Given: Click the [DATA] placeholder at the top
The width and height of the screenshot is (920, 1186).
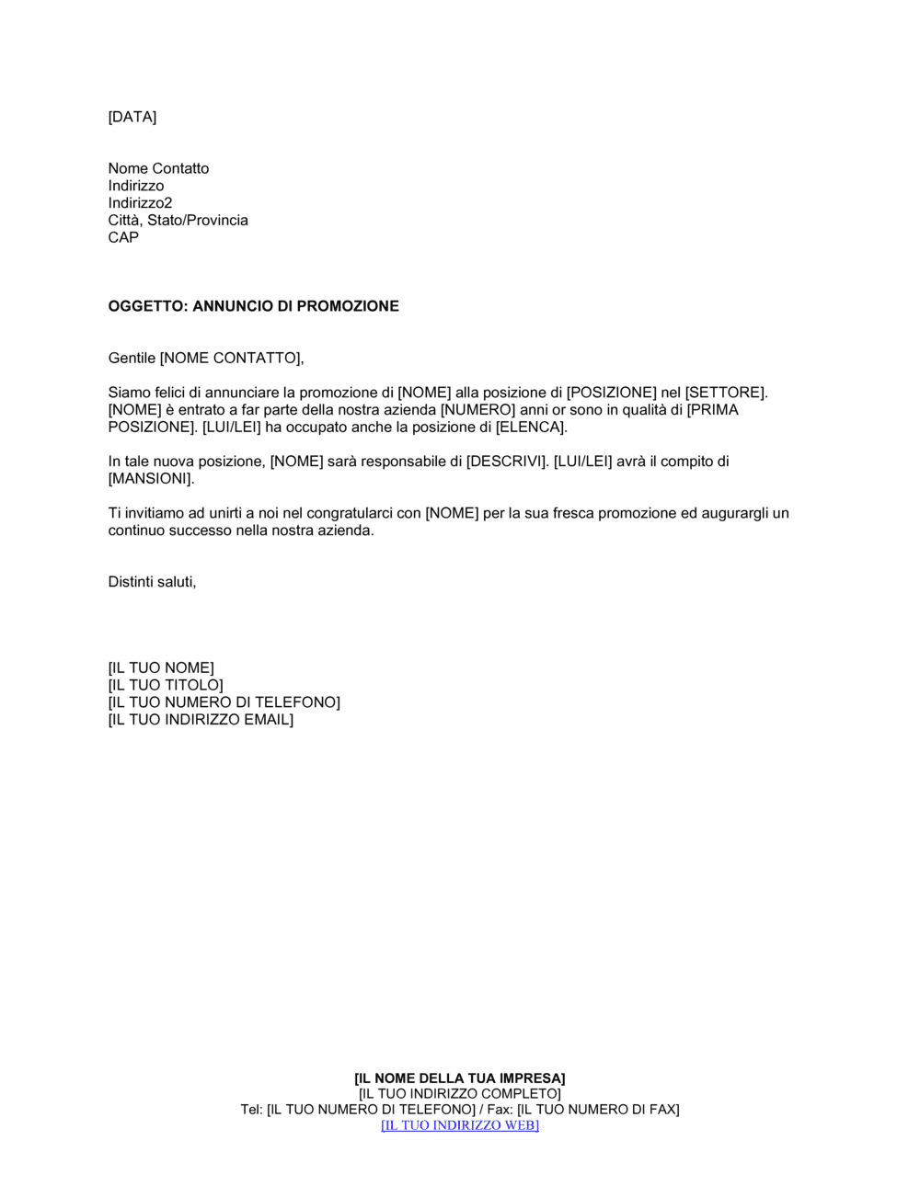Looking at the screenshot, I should [132, 117].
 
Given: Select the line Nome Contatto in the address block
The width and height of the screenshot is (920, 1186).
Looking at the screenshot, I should [158, 168].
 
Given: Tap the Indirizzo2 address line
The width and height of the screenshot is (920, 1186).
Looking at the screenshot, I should [140, 203].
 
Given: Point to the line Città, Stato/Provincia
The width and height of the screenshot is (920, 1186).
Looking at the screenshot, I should [178, 221].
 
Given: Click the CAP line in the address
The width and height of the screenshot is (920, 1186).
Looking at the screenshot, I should [123, 237].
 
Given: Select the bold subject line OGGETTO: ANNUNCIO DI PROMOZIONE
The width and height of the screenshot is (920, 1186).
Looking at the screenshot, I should [253, 306].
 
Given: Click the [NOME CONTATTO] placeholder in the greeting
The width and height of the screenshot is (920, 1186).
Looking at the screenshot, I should [230, 358].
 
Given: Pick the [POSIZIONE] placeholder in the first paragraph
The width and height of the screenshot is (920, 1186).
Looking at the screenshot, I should [611, 393].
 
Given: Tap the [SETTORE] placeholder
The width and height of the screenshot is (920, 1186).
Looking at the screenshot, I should [725, 393].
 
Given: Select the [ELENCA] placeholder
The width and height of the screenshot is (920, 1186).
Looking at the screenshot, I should [530, 428].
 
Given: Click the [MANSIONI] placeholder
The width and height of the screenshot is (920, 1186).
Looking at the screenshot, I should [150, 479].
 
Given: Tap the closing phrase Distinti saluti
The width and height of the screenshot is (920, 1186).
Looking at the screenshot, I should [152, 582].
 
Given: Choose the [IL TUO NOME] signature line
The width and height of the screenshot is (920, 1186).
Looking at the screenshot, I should [161, 668].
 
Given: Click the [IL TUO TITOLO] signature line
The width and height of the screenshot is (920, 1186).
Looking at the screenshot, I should [166, 686].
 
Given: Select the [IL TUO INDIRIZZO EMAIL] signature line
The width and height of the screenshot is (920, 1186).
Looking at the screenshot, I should [201, 720].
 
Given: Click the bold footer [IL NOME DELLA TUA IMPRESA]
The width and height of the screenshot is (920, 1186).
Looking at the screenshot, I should [460, 1078].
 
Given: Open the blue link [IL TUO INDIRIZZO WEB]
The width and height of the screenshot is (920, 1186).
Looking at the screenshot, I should [460, 1125].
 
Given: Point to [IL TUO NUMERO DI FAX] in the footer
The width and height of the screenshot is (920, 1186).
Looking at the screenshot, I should [598, 1110].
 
